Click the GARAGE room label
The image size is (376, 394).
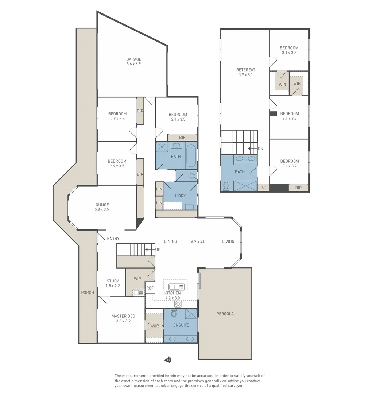(x=133, y=59)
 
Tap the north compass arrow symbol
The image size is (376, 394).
(x=168, y=360)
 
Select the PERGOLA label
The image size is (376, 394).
(x=225, y=314)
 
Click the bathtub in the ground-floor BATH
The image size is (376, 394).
(x=191, y=156)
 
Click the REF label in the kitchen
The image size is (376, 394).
(x=150, y=288)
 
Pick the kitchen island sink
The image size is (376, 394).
(x=175, y=287)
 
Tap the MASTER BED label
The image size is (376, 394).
(x=123, y=316)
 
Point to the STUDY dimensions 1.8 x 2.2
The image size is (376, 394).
(x=113, y=286)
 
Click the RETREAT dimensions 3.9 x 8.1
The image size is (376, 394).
(x=245, y=74)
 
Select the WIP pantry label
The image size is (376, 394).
(x=137, y=279)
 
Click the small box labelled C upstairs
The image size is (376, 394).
(x=263, y=188)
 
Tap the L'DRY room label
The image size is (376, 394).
(x=180, y=196)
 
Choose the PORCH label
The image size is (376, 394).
(x=88, y=293)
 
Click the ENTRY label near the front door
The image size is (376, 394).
(x=113, y=239)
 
